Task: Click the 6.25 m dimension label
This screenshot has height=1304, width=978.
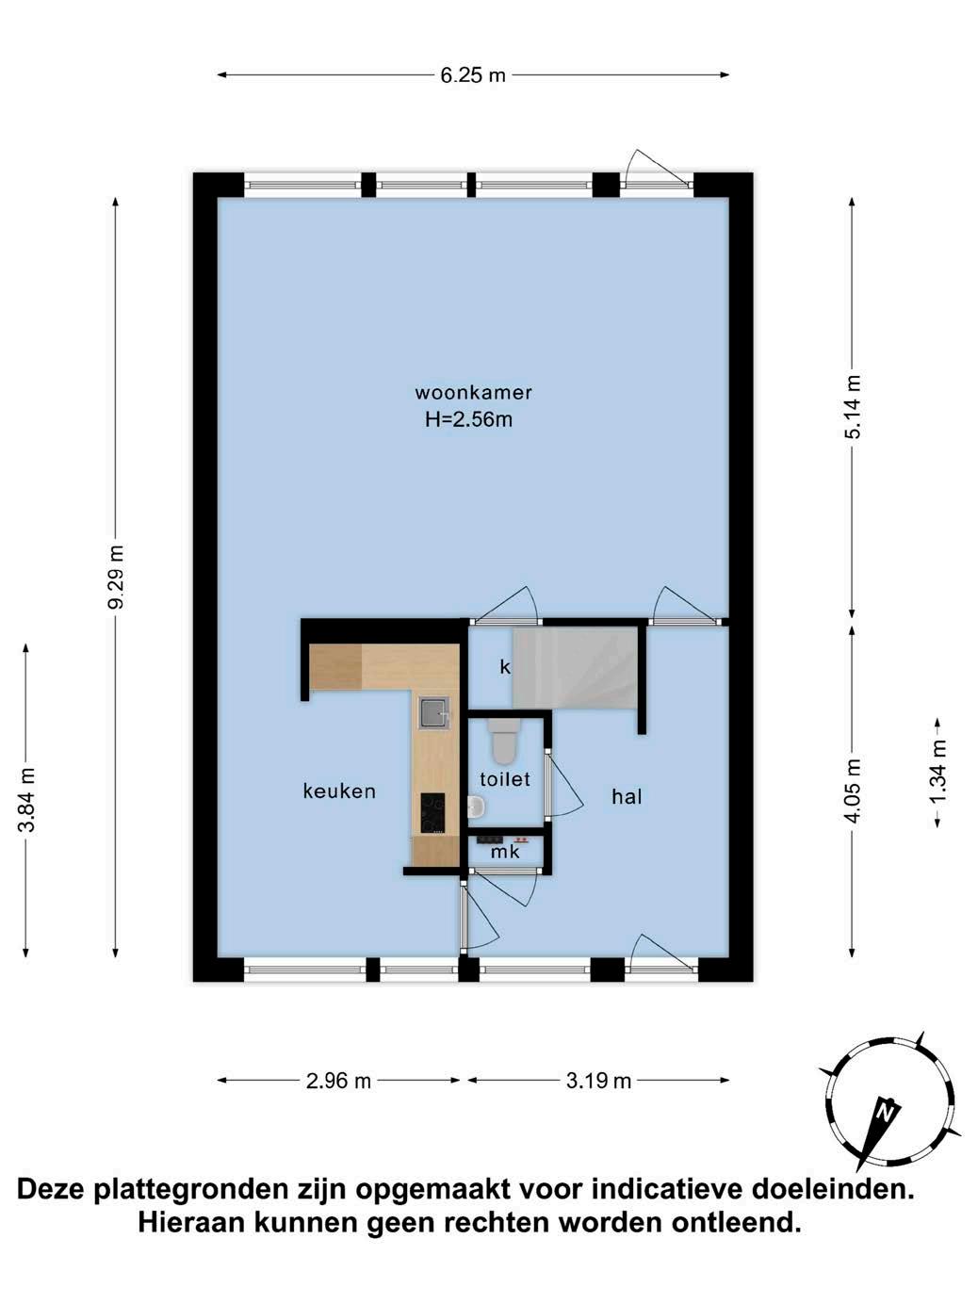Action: point(473,75)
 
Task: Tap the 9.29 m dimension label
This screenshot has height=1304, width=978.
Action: point(117,577)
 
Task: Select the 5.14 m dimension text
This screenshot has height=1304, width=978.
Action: point(852,406)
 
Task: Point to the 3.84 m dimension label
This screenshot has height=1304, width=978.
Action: point(26,800)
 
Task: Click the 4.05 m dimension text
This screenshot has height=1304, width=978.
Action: point(852,791)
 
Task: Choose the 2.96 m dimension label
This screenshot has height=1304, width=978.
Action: point(338,1081)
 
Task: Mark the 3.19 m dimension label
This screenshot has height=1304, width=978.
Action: point(598,1081)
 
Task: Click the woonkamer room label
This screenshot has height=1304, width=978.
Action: point(473,393)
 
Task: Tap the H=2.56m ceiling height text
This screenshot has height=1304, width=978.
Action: point(468,420)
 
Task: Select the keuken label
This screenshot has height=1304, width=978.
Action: point(339,791)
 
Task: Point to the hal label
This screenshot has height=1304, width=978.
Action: point(628,797)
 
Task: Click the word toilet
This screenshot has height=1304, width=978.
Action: point(505,779)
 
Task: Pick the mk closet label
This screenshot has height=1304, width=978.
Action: point(505,853)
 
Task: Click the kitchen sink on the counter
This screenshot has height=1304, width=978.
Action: point(435,713)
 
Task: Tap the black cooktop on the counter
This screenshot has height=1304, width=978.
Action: point(432,813)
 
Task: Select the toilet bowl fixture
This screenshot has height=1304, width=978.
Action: point(503,742)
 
